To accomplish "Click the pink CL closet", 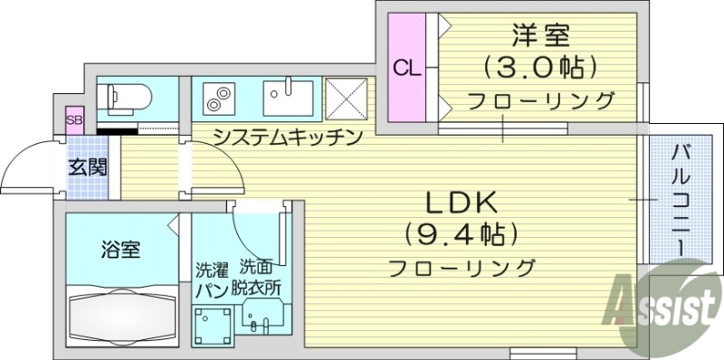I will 405,68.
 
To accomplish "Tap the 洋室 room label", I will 539,38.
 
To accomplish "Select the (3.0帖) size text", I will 539,68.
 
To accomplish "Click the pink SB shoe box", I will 73,120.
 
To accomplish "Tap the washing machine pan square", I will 214,324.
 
